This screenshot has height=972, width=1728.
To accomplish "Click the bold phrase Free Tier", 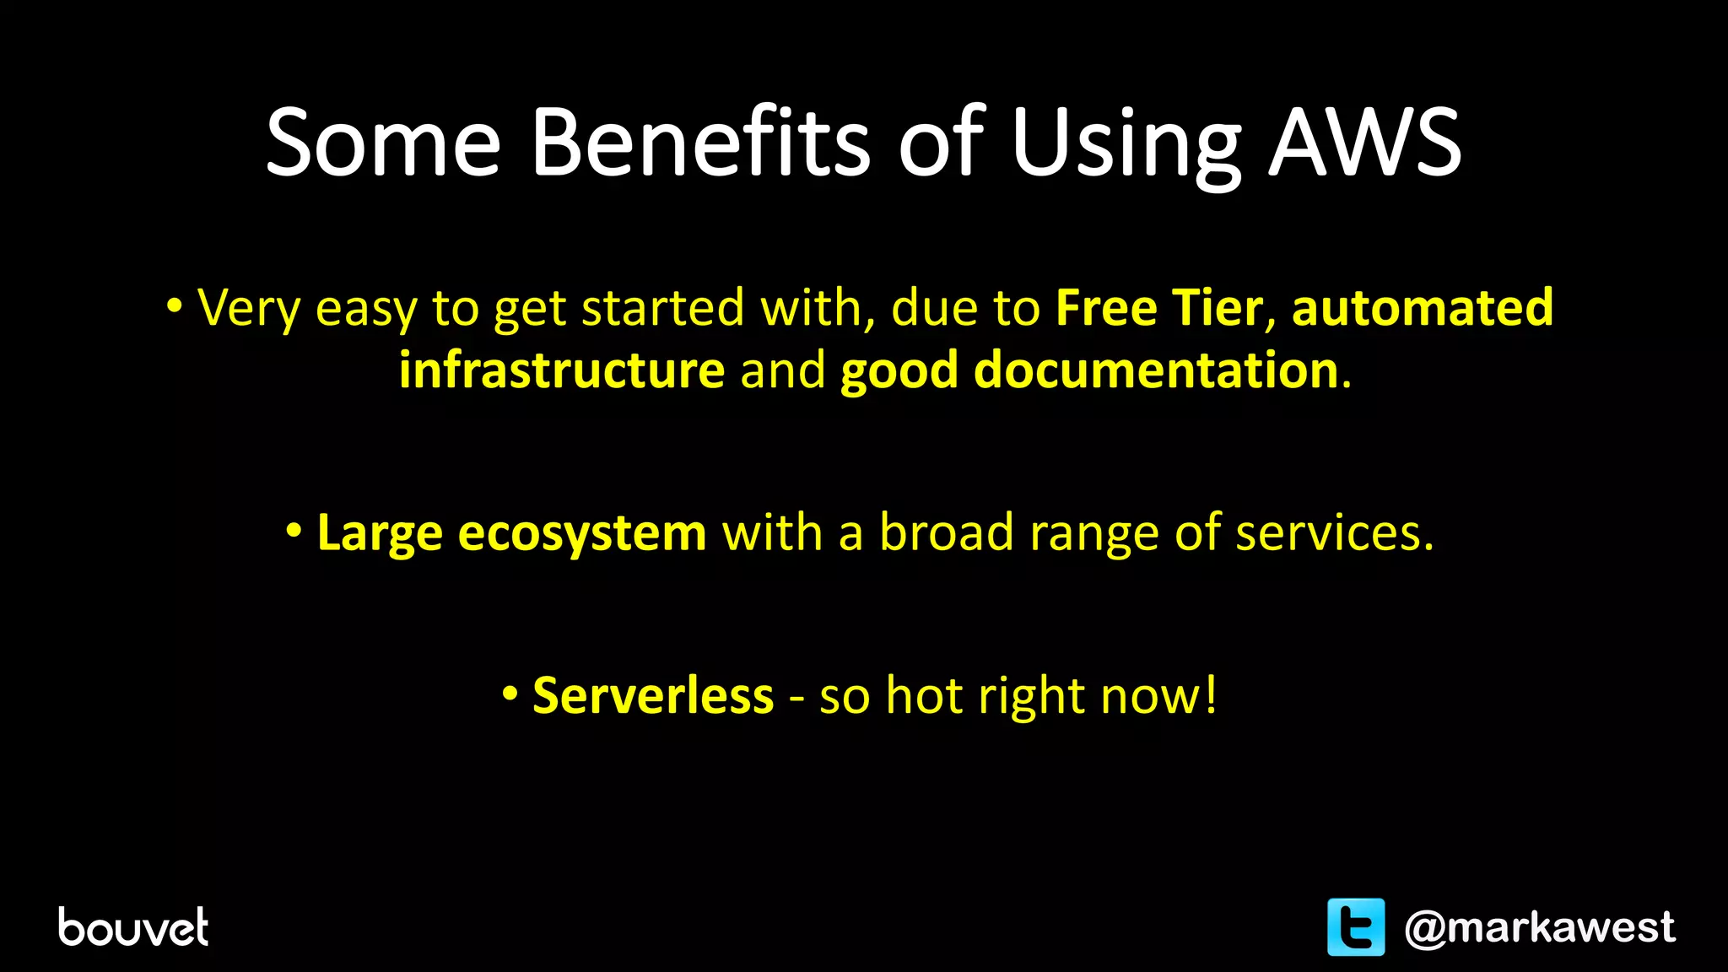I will point(1159,307).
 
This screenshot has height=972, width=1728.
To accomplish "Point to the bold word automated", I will point(1423,307).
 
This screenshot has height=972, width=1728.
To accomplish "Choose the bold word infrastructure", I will point(562,370).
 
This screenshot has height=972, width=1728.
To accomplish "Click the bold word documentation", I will point(1156,370).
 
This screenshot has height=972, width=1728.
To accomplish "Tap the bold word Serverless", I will point(653,696).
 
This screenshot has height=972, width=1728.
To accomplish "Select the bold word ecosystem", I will point(582,533).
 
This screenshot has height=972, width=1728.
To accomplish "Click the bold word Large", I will point(380,533).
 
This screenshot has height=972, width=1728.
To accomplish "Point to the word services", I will point(1334,533).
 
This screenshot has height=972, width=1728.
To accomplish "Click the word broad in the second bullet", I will point(947,533).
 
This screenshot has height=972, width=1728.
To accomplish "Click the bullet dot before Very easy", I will point(174,305).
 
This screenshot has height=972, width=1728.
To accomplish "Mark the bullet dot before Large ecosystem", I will point(294,531).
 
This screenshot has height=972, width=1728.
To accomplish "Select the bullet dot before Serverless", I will point(510,694).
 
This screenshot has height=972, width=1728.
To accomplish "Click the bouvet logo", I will point(133,926).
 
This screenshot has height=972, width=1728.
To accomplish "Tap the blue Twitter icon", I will point(1356,926).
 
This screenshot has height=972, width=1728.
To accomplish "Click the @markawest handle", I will point(1540,927).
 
